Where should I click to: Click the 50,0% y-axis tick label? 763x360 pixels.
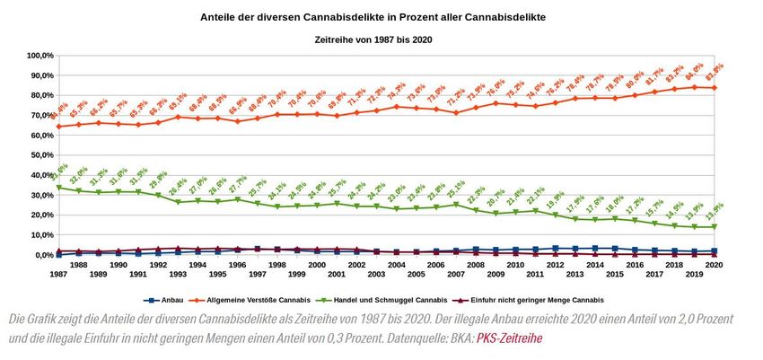(x=39, y=155)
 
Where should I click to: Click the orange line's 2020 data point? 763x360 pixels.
(x=713, y=88)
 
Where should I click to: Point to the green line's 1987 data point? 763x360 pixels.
(x=58, y=188)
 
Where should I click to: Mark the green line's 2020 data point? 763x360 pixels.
(x=713, y=227)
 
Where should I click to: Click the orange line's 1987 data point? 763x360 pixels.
(x=58, y=127)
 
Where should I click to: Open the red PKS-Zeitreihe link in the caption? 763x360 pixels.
(x=509, y=338)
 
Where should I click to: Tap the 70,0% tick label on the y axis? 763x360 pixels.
(x=39, y=116)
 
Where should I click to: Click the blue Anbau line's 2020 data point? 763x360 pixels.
(x=713, y=250)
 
